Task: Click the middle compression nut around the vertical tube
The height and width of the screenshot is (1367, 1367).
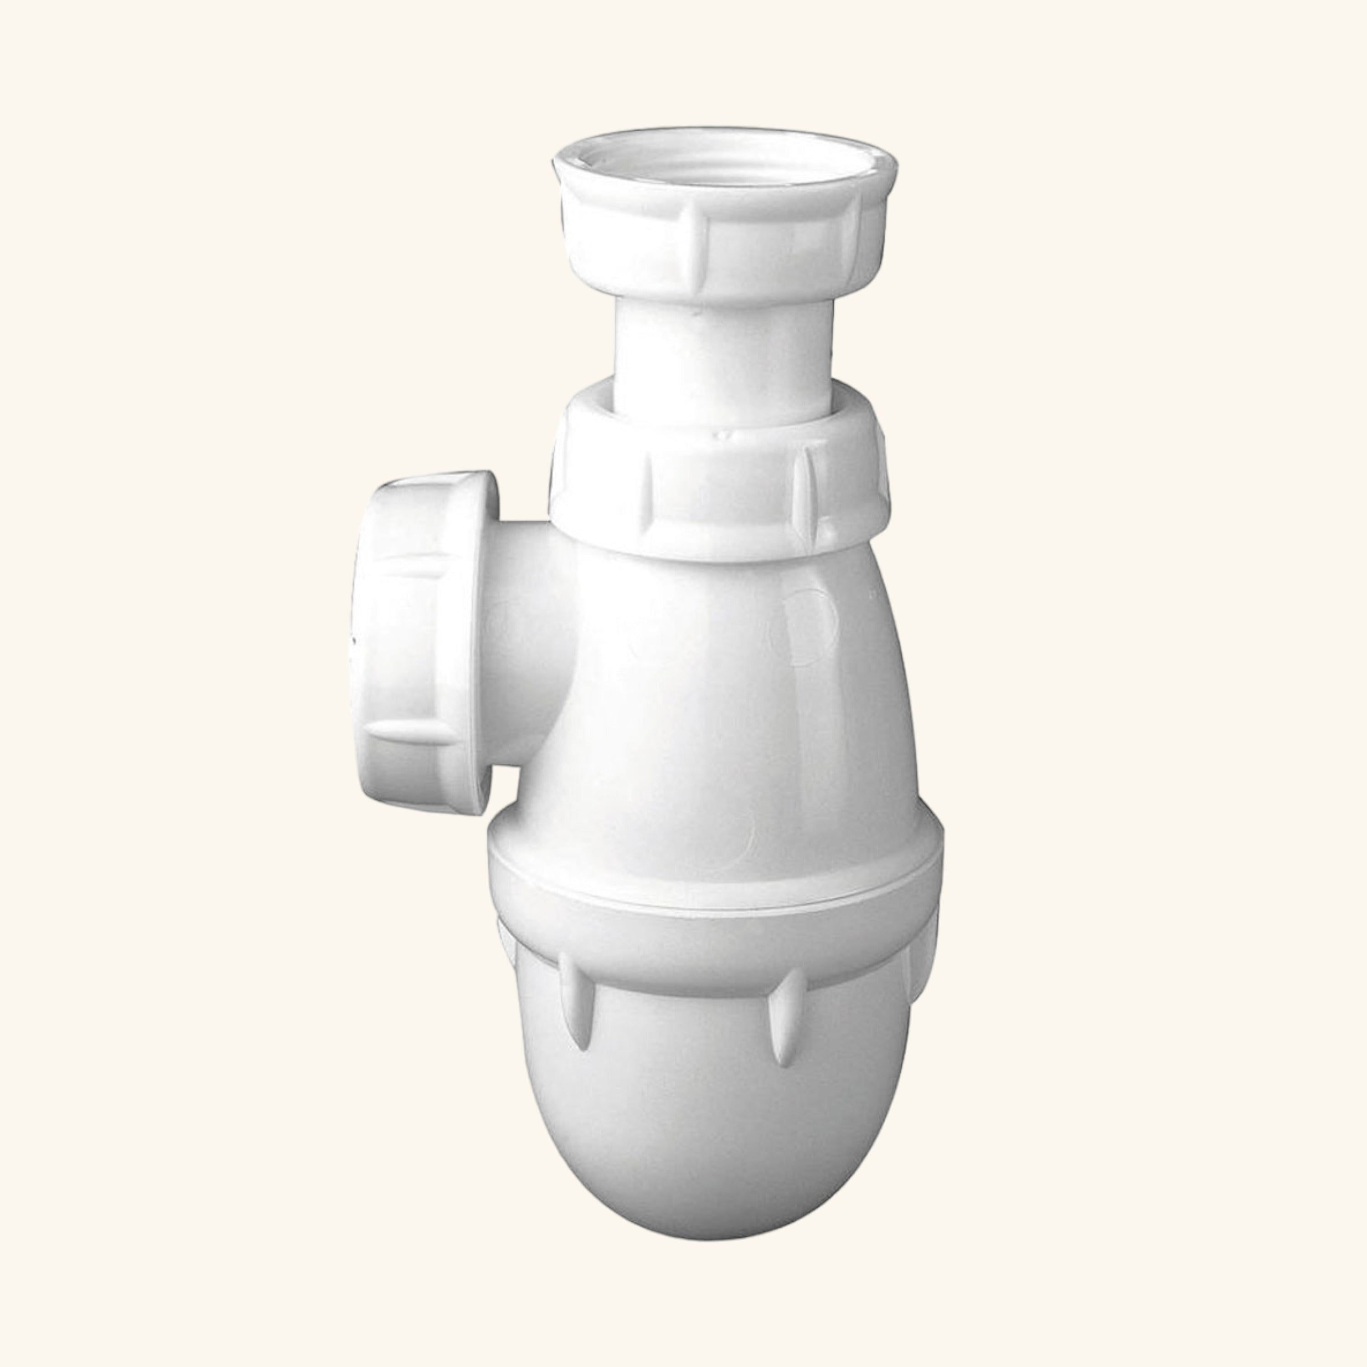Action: [722, 488]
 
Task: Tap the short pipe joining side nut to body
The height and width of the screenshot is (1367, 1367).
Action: [531, 644]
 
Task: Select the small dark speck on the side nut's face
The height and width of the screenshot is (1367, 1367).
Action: [352, 640]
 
